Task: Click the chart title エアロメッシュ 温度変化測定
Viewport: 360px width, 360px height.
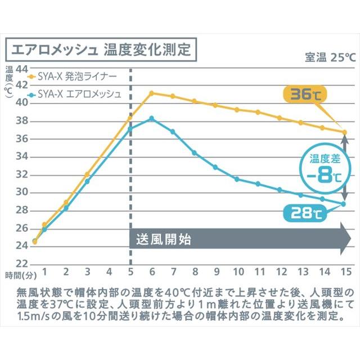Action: [101, 48]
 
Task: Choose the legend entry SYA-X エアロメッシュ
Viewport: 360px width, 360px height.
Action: [79, 93]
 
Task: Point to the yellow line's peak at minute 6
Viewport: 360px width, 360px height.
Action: [151, 93]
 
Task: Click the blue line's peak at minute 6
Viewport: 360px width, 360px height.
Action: [151, 118]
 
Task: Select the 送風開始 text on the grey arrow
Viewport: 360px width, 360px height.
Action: [164, 239]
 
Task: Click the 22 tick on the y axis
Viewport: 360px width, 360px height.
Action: [22, 263]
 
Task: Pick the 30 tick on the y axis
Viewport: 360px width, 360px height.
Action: [22, 192]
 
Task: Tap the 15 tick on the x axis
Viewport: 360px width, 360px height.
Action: [345, 272]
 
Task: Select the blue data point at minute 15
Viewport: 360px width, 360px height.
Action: [344, 204]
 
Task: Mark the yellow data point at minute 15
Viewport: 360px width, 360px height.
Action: [344, 132]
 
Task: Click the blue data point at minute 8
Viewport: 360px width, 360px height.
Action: [194, 152]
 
